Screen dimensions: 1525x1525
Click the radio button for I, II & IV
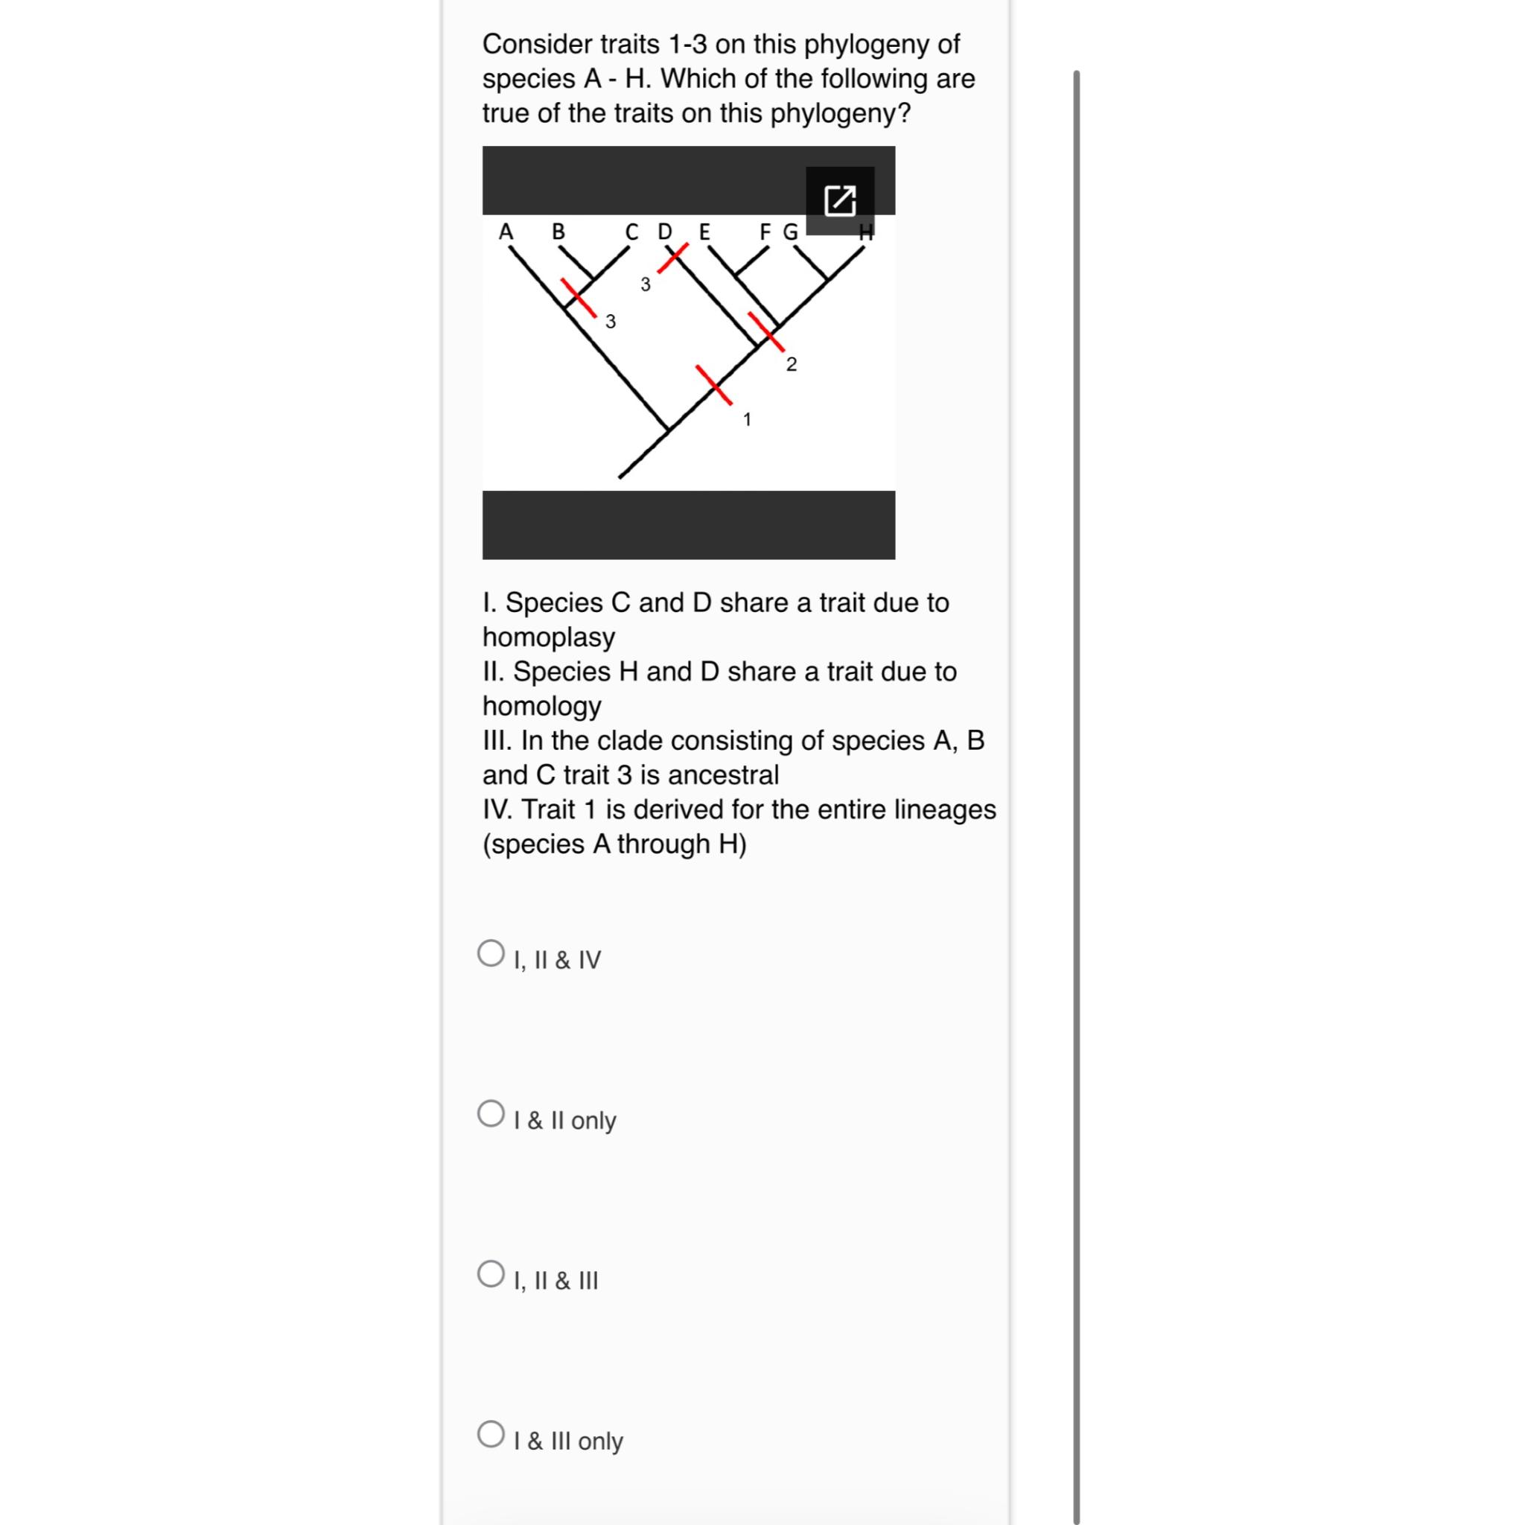click(x=491, y=954)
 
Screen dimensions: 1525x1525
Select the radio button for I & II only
click(x=491, y=1114)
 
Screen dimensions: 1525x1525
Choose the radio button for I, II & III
click(x=491, y=1274)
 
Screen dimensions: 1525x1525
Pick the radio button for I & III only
click(x=491, y=1434)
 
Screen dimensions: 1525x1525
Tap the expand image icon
click(x=839, y=200)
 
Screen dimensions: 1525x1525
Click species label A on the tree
click(x=506, y=232)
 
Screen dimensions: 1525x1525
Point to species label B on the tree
click(x=558, y=232)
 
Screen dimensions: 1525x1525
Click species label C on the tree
click(x=631, y=232)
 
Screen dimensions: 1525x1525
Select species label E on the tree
click(x=704, y=232)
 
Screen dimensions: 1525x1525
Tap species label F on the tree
click(x=765, y=232)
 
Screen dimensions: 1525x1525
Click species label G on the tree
click(x=790, y=232)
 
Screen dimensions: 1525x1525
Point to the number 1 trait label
click(x=747, y=420)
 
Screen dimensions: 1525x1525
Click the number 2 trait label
click(x=791, y=365)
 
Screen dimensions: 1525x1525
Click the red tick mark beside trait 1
click(x=713, y=384)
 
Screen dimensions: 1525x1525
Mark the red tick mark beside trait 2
click(x=765, y=331)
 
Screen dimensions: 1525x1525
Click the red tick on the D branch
click(x=672, y=258)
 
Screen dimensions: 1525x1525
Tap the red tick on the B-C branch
click(x=579, y=298)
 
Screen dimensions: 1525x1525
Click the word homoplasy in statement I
click(x=549, y=637)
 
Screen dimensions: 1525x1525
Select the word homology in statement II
click(x=541, y=706)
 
